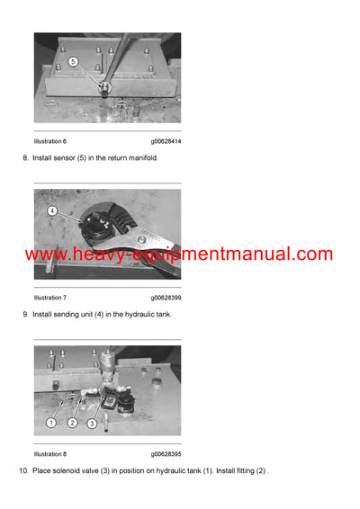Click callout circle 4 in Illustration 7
(52, 211)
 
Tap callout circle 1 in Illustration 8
(51, 422)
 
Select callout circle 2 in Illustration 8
(73, 422)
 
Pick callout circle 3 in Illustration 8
(92, 422)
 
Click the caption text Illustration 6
(49, 141)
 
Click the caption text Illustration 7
(49, 297)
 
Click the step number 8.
(23, 159)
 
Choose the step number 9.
(23, 315)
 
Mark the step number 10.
(22, 470)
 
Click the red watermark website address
(179, 254)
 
